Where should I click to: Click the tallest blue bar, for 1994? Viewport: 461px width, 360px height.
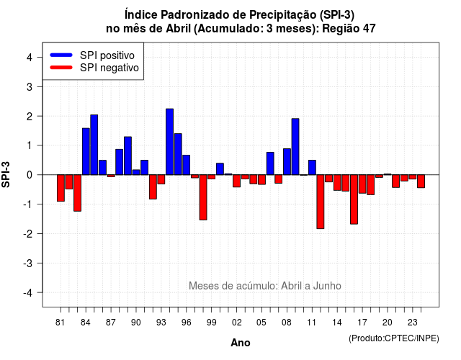[x=170, y=142]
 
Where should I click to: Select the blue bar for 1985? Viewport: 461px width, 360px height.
[x=94, y=145]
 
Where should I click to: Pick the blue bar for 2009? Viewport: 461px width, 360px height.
[x=295, y=147]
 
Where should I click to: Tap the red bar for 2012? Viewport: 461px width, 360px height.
[x=321, y=202]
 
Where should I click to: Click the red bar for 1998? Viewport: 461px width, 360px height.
[x=203, y=197]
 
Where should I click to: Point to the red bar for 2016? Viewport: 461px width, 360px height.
[x=354, y=199]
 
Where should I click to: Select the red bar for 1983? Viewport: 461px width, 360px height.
[x=77, y=193]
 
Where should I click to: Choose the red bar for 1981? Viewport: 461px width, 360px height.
[x=61, y=188]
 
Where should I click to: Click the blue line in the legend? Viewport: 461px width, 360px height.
[x=61, y=55]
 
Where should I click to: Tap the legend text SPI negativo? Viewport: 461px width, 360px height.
[x=109, y=68]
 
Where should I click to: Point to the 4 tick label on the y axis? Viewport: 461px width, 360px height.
[x=30, y=58]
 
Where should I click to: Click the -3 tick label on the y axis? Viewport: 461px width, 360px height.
[x=27, y=263]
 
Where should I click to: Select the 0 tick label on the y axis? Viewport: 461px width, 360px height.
[x=30, y=175]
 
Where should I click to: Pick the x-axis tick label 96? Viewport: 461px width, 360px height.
[x=186, y=323]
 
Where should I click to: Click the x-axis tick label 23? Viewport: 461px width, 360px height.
[x=413, y=323]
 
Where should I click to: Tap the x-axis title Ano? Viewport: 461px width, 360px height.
[x=241, y=343]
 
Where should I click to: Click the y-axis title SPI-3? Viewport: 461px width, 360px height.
[x=6, y=174]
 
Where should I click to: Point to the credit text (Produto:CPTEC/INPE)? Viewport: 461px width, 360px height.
[x=394, y=338]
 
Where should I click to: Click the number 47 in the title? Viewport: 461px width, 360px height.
[x=369, y=29]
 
